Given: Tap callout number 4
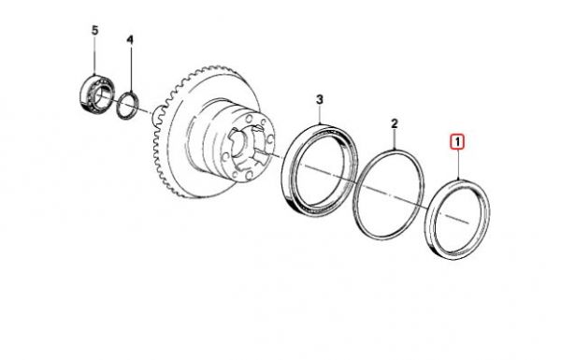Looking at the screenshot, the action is tap(130, 40).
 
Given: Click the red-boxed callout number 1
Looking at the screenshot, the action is tap(457, 142).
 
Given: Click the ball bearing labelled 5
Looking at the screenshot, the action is tap(93, 93).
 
